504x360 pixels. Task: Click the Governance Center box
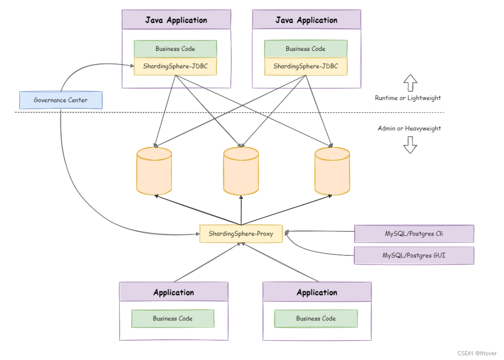click(60, 100)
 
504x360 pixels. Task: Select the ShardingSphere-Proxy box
click(241, 234)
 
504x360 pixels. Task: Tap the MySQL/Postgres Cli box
click(414, 234)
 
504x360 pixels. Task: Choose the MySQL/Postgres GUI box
click(414, 255)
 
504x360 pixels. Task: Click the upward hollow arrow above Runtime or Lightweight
click(410, 83)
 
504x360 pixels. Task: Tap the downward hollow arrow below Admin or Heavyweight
click(410, 145)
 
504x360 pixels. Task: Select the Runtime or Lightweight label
click(408, 98)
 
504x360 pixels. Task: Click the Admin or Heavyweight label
click(409, 128)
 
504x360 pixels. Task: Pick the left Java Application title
click(176, 20)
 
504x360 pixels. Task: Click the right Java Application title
click(306, 20)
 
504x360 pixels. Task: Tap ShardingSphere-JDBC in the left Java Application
click(175, 66)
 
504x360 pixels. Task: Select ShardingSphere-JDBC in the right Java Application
click(306, 66)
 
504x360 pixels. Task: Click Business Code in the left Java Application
click(175, 49)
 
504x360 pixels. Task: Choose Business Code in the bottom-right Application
click(316, 319)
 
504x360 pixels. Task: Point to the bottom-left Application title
click(173, 292)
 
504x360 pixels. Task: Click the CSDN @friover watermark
click(477, 353)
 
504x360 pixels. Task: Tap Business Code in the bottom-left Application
click(172, 319)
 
